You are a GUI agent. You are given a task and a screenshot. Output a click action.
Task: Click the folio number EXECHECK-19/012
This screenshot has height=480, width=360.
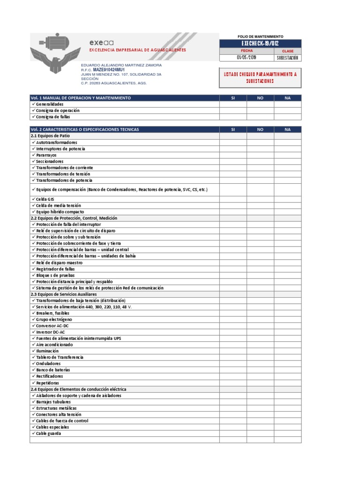pyautogui.click(x=260, y=44)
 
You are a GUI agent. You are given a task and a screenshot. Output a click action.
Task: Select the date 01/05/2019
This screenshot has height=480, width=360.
pyautogui.click(x=247, y=58)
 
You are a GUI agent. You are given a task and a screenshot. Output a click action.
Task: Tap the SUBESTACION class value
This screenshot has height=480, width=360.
pyautogui.click(x=288, y=58)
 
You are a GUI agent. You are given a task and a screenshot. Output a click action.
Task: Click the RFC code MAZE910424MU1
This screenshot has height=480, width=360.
pyautogui.click(x=109, y=69)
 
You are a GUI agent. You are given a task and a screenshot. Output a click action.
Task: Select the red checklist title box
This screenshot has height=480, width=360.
pyautogui.click(x=260, y=77)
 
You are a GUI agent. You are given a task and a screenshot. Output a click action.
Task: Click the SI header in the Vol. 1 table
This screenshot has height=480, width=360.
pyautogui.click(x=233, y=98)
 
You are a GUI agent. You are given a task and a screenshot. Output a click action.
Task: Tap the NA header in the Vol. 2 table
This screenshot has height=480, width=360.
pyautogui.click(x=287, y=129)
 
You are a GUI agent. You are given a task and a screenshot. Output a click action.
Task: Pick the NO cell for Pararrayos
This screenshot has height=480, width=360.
pyautogui.click(x=260, y=155)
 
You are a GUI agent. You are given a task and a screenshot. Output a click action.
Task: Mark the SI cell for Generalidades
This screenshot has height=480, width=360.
pyautogui.click(x=233, y=104)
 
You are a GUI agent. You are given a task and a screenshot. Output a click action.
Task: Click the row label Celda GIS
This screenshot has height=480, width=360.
pyautogui.click(x=45, y=199)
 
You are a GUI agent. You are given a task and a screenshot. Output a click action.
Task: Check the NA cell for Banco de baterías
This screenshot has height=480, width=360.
pyautogui.click(x=287, y=370)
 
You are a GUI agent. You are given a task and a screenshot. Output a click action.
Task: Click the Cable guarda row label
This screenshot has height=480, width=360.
pyautogui.click(x=48, y=433)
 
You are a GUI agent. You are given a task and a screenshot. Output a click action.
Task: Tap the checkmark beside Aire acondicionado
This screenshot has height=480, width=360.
pyautogui.click(x=33, y=345)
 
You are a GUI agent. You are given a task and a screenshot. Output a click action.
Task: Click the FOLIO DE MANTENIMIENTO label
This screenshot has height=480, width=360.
pyautogui.click(x=260, y=37)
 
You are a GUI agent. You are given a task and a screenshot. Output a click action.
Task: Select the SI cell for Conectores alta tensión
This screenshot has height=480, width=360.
pyautogui.click(x=233, y=414)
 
